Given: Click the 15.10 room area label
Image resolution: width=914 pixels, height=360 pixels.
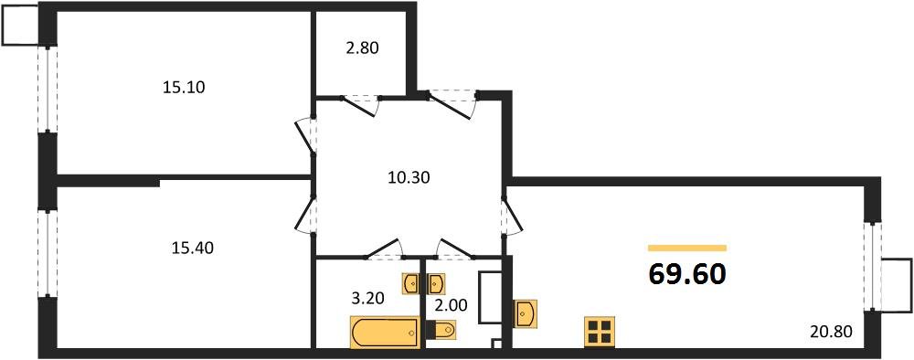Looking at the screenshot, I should [184, 88].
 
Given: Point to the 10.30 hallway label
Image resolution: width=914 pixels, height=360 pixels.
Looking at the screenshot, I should [409, 178].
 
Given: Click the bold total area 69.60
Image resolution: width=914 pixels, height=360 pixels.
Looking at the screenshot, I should [687, 273].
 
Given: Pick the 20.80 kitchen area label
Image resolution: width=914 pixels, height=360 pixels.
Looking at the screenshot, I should [831, 333].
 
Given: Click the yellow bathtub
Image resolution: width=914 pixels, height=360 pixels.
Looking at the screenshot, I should [384, 331].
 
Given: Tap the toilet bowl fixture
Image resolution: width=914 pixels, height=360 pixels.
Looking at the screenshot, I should [441, 329].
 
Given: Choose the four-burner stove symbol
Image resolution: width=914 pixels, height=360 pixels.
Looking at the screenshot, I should [600, 332].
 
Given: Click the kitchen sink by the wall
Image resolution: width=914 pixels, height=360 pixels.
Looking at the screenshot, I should [526, 312].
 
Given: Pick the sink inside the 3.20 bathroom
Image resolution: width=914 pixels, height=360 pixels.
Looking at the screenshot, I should [411, 282].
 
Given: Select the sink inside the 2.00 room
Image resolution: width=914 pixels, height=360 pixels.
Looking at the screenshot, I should [436, 282].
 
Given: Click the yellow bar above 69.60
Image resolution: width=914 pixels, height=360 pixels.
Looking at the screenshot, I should [687, 248].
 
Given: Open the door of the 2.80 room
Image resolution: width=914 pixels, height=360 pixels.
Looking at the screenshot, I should [361, 103].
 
